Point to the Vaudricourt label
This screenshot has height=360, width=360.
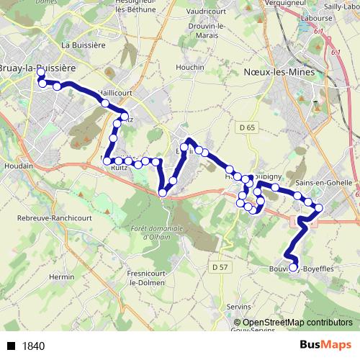[201, 12]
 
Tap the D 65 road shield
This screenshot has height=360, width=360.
[246, 127]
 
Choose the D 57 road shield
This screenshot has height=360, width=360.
[220, 268]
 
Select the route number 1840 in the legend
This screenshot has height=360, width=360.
[34, 346]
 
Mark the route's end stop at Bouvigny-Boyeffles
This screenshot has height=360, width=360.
[292, 269]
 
